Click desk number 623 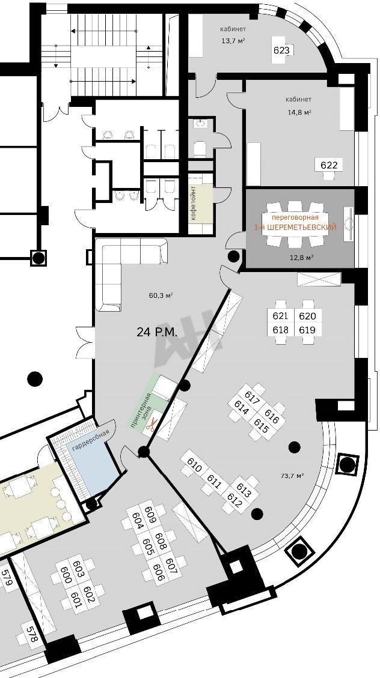pos(281,50)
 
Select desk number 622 pos(328,165)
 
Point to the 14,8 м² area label pos(299,112)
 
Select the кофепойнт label pos(194,202)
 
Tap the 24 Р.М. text pos(157,332)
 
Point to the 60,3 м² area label pos(161,295)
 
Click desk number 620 pos(307,316)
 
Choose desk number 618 pos(280,330)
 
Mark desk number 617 pos(252,398)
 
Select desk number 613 pos(244,491)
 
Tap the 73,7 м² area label pos(292,476)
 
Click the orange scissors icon pos(150,427)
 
